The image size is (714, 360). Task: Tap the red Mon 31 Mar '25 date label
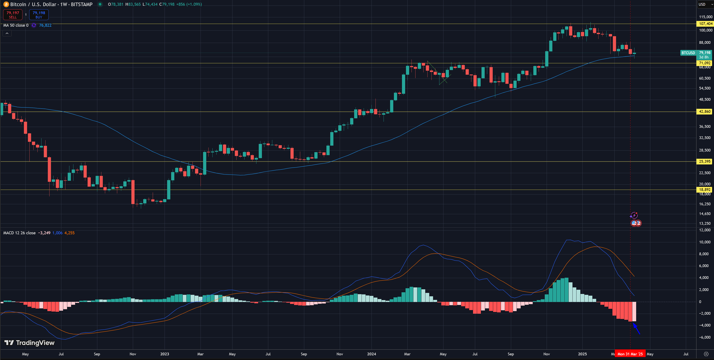click(630, 354)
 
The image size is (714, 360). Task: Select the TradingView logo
click(30, 343)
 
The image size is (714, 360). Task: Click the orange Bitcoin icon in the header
click(6, 4)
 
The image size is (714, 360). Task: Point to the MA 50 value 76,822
click(45, 25)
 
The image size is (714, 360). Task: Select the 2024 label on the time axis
click(371, 354)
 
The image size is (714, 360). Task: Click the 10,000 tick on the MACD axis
click(704, 242)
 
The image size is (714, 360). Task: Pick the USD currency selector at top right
click(704, 4)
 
